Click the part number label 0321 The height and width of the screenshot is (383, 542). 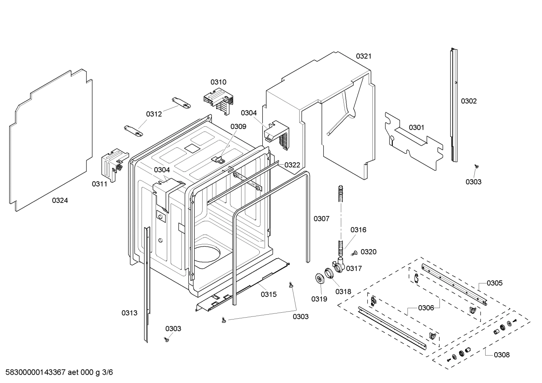point(363,56)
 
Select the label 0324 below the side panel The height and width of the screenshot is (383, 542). point(60,201)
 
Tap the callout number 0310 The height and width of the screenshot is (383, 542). point(218,82)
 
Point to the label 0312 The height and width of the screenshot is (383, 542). point(154,114)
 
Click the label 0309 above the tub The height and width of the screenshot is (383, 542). point(238,127)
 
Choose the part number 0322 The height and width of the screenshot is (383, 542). point(292,165)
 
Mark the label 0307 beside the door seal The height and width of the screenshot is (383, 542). point(321,219)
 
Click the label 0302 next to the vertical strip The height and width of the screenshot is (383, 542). point(469,101)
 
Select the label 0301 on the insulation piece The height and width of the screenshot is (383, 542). point(416,127)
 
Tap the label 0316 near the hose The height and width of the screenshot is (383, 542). point(358,230)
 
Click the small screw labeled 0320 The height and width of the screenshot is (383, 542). point(354,254)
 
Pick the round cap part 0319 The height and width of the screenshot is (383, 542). point(320,279)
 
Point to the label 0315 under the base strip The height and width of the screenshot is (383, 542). point(269,295)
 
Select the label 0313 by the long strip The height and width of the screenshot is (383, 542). point(129,313)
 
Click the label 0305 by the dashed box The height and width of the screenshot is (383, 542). point(494,283)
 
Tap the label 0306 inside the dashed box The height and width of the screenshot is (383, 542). point(426,308)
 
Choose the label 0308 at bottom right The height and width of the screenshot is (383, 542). point(502,355)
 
